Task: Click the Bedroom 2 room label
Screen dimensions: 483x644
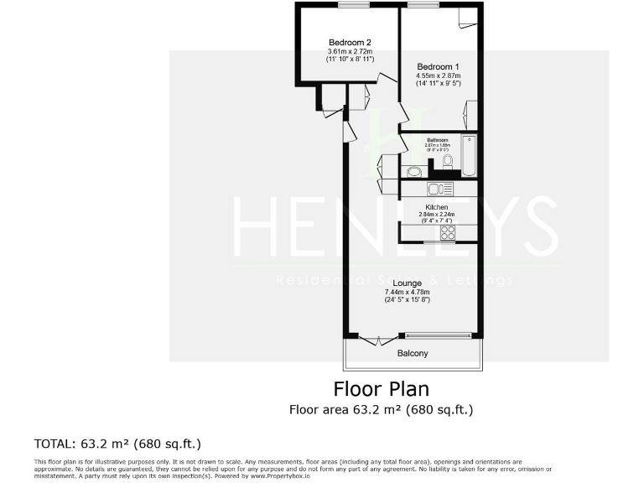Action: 350,43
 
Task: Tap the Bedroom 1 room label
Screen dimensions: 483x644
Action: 439,66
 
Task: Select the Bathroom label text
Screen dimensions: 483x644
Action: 437,139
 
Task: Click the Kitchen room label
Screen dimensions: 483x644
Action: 437,207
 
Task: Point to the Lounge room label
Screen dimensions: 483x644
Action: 406,283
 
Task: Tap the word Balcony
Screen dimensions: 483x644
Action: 413,353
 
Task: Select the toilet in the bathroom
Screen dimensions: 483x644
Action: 448,161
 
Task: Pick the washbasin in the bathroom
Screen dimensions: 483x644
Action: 413,172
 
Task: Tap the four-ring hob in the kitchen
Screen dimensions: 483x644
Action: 448,232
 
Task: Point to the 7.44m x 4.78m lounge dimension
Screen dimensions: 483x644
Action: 406,292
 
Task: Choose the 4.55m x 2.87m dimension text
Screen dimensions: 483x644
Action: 438,75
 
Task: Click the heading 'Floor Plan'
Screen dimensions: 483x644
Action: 381,389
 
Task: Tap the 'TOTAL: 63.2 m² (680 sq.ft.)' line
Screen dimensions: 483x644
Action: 117,443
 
